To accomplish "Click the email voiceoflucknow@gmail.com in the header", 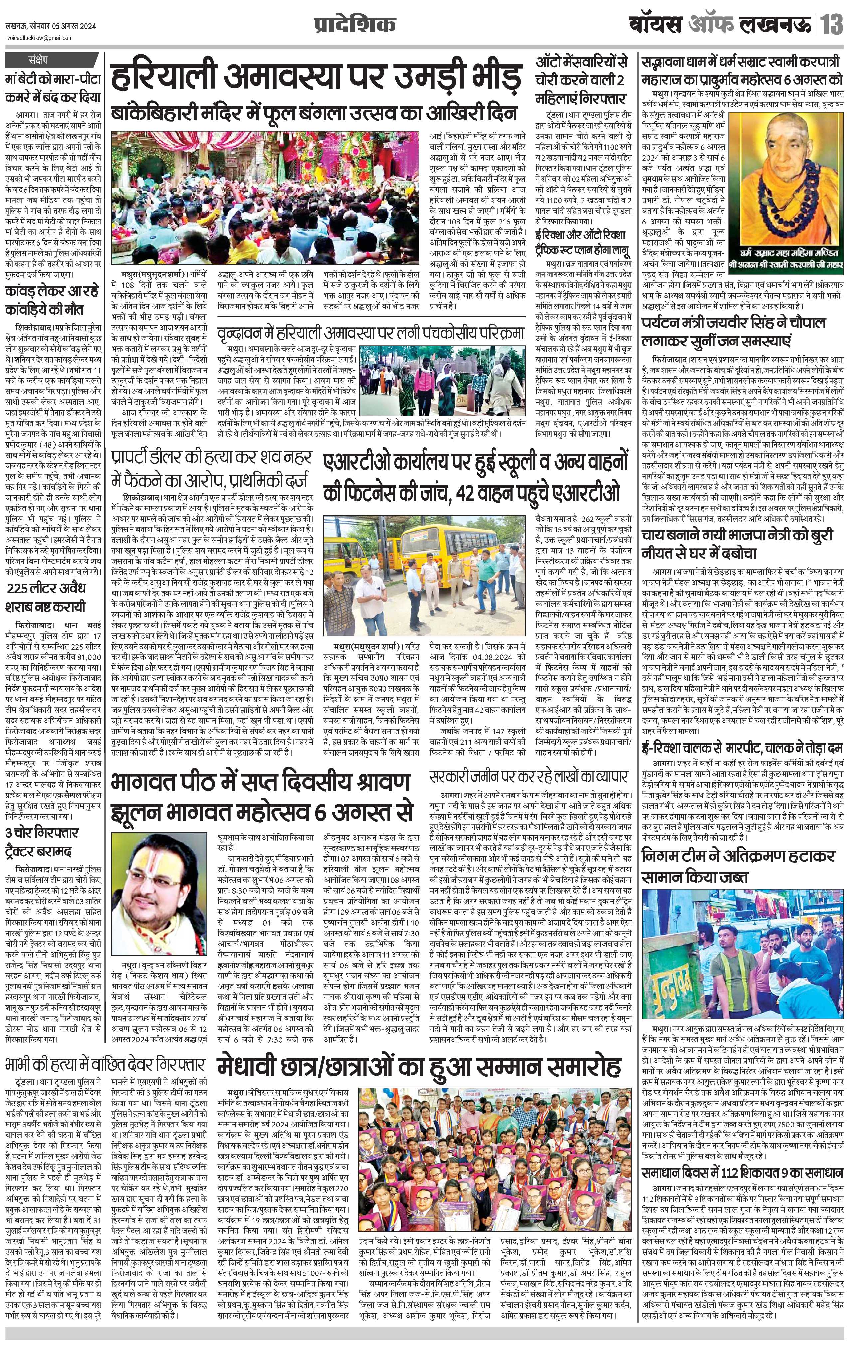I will pyautogui.click(x=40, y=38).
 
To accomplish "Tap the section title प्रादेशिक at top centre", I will pyautogui.click(x=354, y=26).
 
